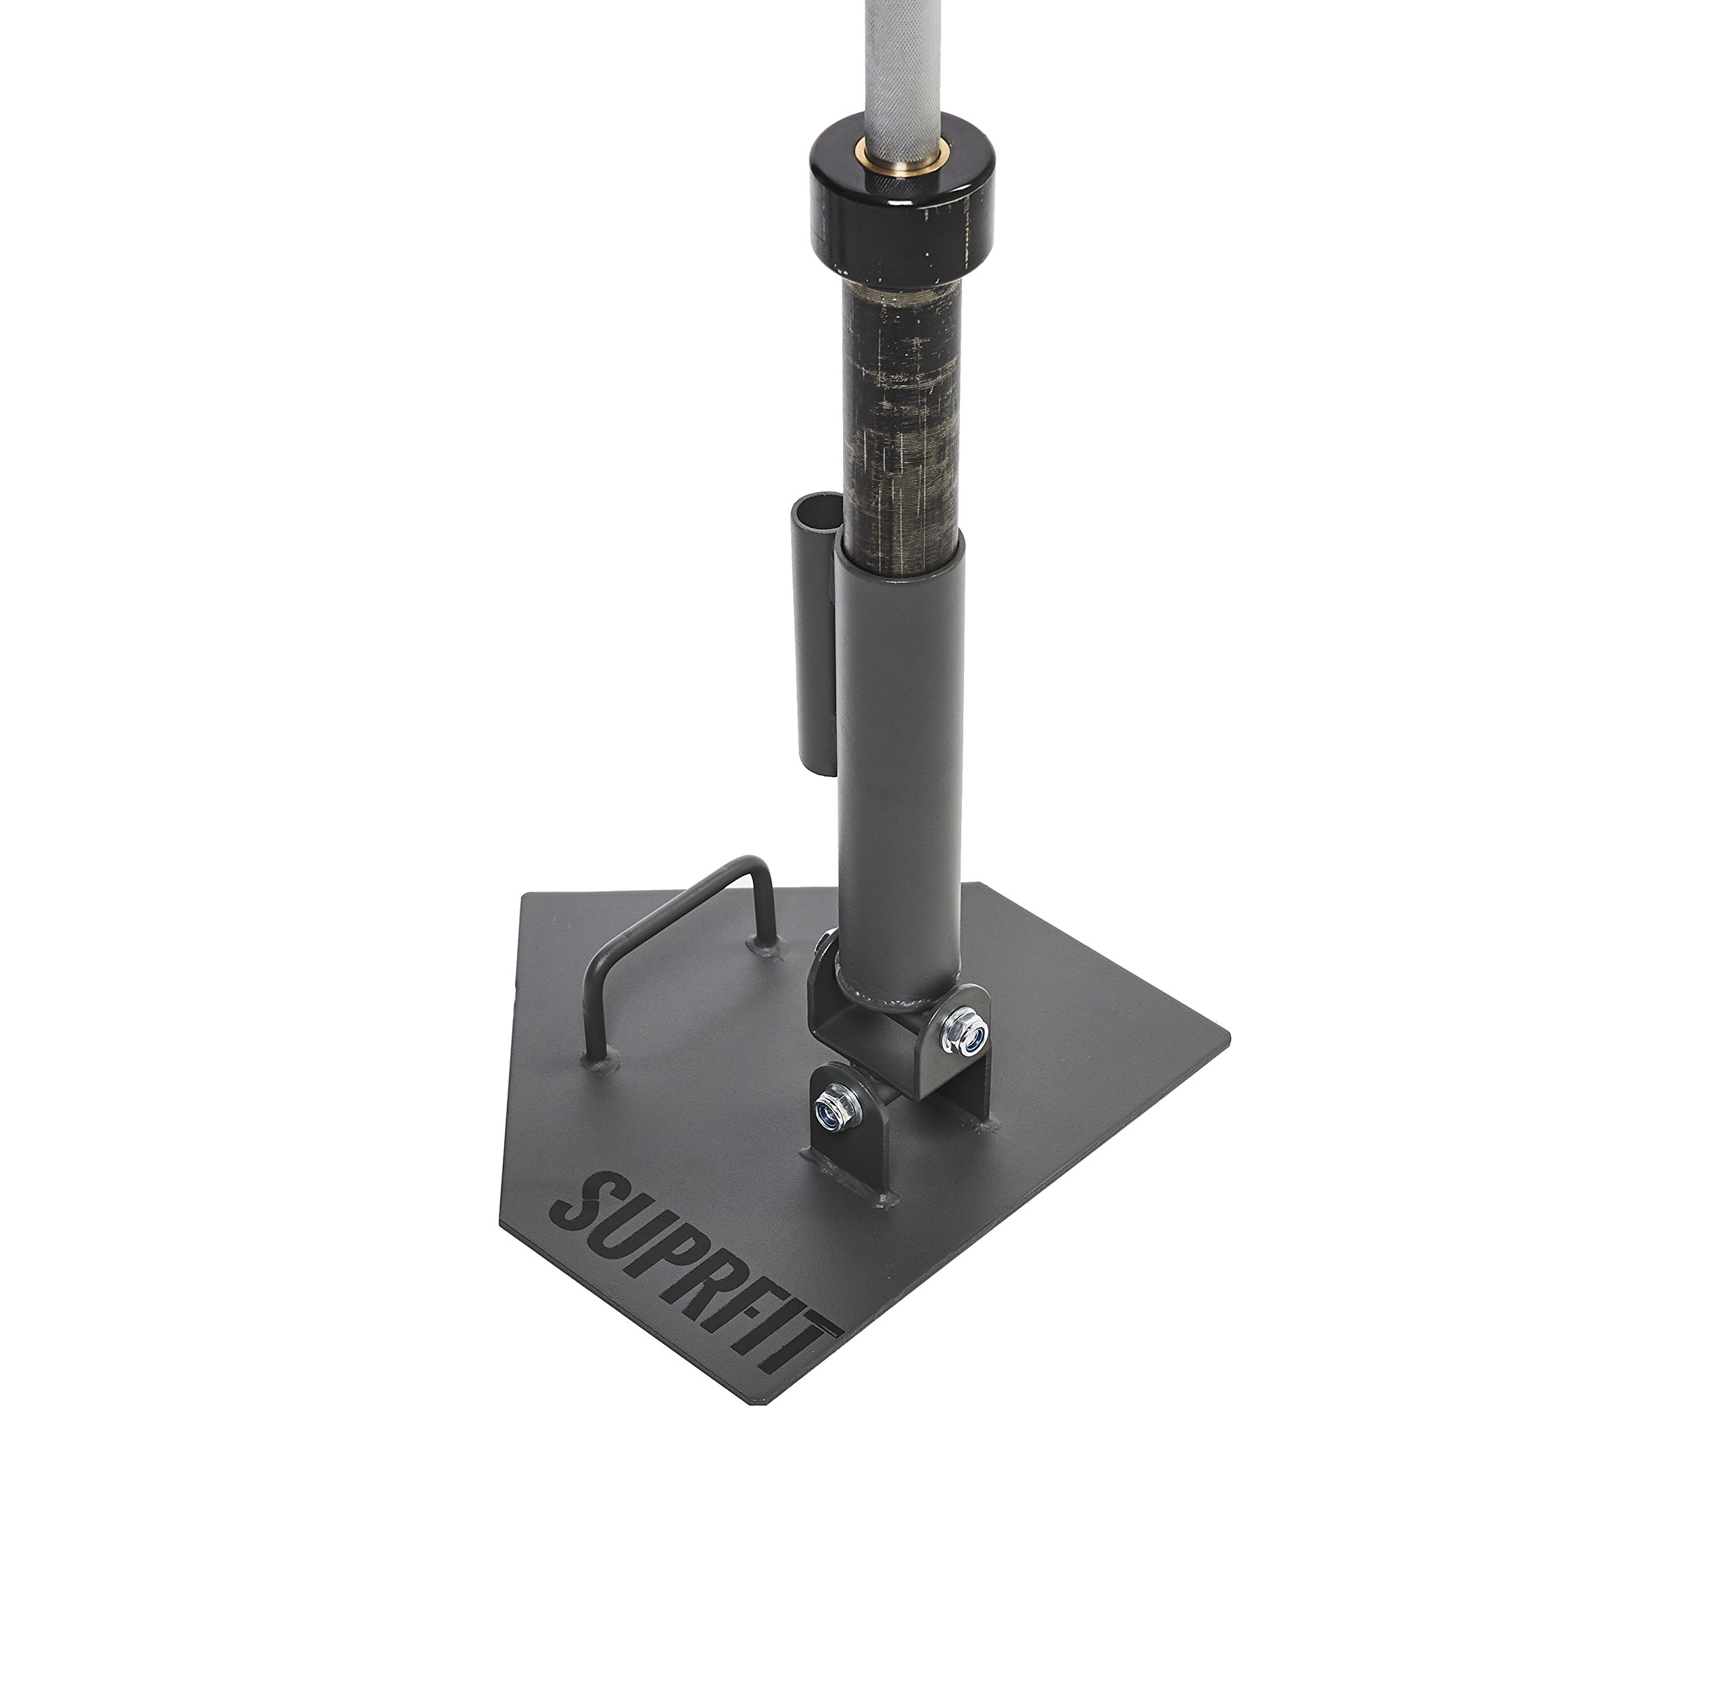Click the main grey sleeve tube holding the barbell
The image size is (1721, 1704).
point(898,757)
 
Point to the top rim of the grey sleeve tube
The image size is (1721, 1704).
point(898,545)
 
